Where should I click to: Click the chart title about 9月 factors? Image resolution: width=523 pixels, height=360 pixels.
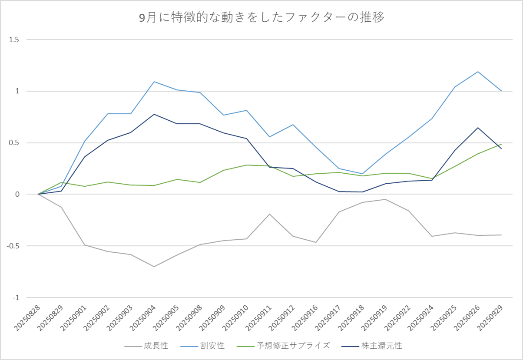[x=261, y=18]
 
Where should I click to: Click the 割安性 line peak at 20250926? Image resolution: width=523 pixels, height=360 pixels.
[x=478, y=72]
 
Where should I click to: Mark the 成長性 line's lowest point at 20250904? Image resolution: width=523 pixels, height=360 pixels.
[x=154, y=267]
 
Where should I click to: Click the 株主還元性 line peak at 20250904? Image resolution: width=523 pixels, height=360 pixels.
[x=154, y=114]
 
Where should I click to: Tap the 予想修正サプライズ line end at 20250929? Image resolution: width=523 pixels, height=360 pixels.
[x=501, y=144]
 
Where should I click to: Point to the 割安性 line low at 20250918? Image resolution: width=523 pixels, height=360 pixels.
[x=362, y=174]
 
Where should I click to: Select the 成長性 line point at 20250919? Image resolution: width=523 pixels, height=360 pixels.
[x=386, y=199]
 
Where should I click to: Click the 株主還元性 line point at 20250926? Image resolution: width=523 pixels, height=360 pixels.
[x=478, y=128]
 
